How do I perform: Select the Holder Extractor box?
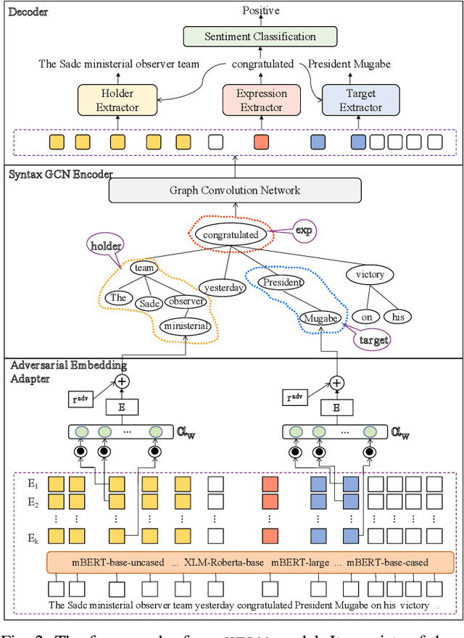pyautogui.click(x=117, y=101)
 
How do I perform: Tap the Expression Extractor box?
pyautogui.click(x=262, y=101)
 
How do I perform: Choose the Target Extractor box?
pyautogui.click(x=361, y=101)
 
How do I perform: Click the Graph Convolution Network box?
pyautogui.click(x=235, y=191)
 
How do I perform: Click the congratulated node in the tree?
pyautogui.click(x=231, y=235)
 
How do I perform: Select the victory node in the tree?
pyautogui.click(x=370, y=275)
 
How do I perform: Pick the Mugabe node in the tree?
pyautogui.click(x=320, y=317)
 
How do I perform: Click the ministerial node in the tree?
pyautogui.click(x=186, y=326)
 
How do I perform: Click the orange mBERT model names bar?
pyautogui.click(x=250, y=563)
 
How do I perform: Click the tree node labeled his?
pyautogui.click(x=398, y=317)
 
